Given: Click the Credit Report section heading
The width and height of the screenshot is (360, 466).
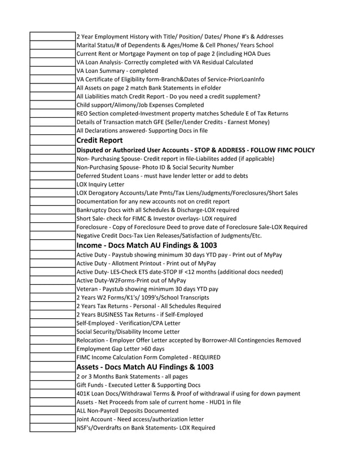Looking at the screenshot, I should click(x=99, y=140).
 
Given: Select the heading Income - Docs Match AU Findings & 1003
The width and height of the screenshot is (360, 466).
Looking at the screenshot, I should click(x=146, y=245).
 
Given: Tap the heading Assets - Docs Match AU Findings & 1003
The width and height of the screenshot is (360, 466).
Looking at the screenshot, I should click(x=144, y=367).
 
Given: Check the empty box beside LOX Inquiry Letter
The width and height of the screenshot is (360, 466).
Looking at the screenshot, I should click(x=52, y=184).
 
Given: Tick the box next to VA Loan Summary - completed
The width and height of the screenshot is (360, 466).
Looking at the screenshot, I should click(x=52, y=71).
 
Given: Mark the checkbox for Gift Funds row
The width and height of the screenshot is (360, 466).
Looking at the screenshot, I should click(x=52, y=385).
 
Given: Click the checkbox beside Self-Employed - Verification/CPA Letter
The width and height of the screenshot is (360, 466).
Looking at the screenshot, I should click(x=52, y=323).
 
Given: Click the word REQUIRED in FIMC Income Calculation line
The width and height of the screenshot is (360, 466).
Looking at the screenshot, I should click(x=206, y=357).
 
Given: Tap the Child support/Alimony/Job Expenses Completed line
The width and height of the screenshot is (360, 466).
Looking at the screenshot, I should click(x=140, y=105).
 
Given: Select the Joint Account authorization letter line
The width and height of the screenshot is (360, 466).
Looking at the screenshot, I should click(x=140, y=419).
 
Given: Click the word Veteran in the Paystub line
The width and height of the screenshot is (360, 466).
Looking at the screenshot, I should click(x=87, y=289).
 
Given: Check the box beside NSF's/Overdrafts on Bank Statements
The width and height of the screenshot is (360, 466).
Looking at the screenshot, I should click(x=52, y=428).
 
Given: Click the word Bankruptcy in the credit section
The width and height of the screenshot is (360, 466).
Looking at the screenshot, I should click(x=92, y=210).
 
